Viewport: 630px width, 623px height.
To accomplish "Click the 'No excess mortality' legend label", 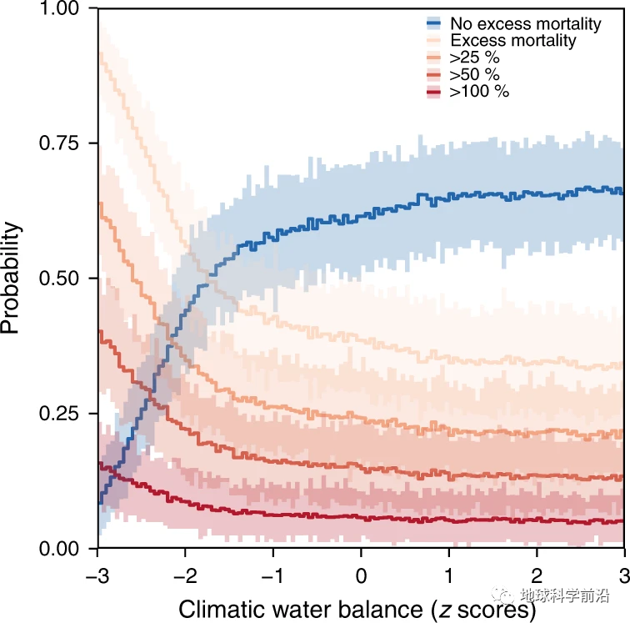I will tap(525, 23).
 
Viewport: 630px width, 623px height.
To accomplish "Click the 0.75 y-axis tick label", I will tap(58, 143).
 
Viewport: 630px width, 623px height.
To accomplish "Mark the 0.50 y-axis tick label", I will tap(58, 279).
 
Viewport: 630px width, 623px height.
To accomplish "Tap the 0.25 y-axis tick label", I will tap(58, 414).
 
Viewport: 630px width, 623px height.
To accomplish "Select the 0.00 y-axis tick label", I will tap(58, 550).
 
